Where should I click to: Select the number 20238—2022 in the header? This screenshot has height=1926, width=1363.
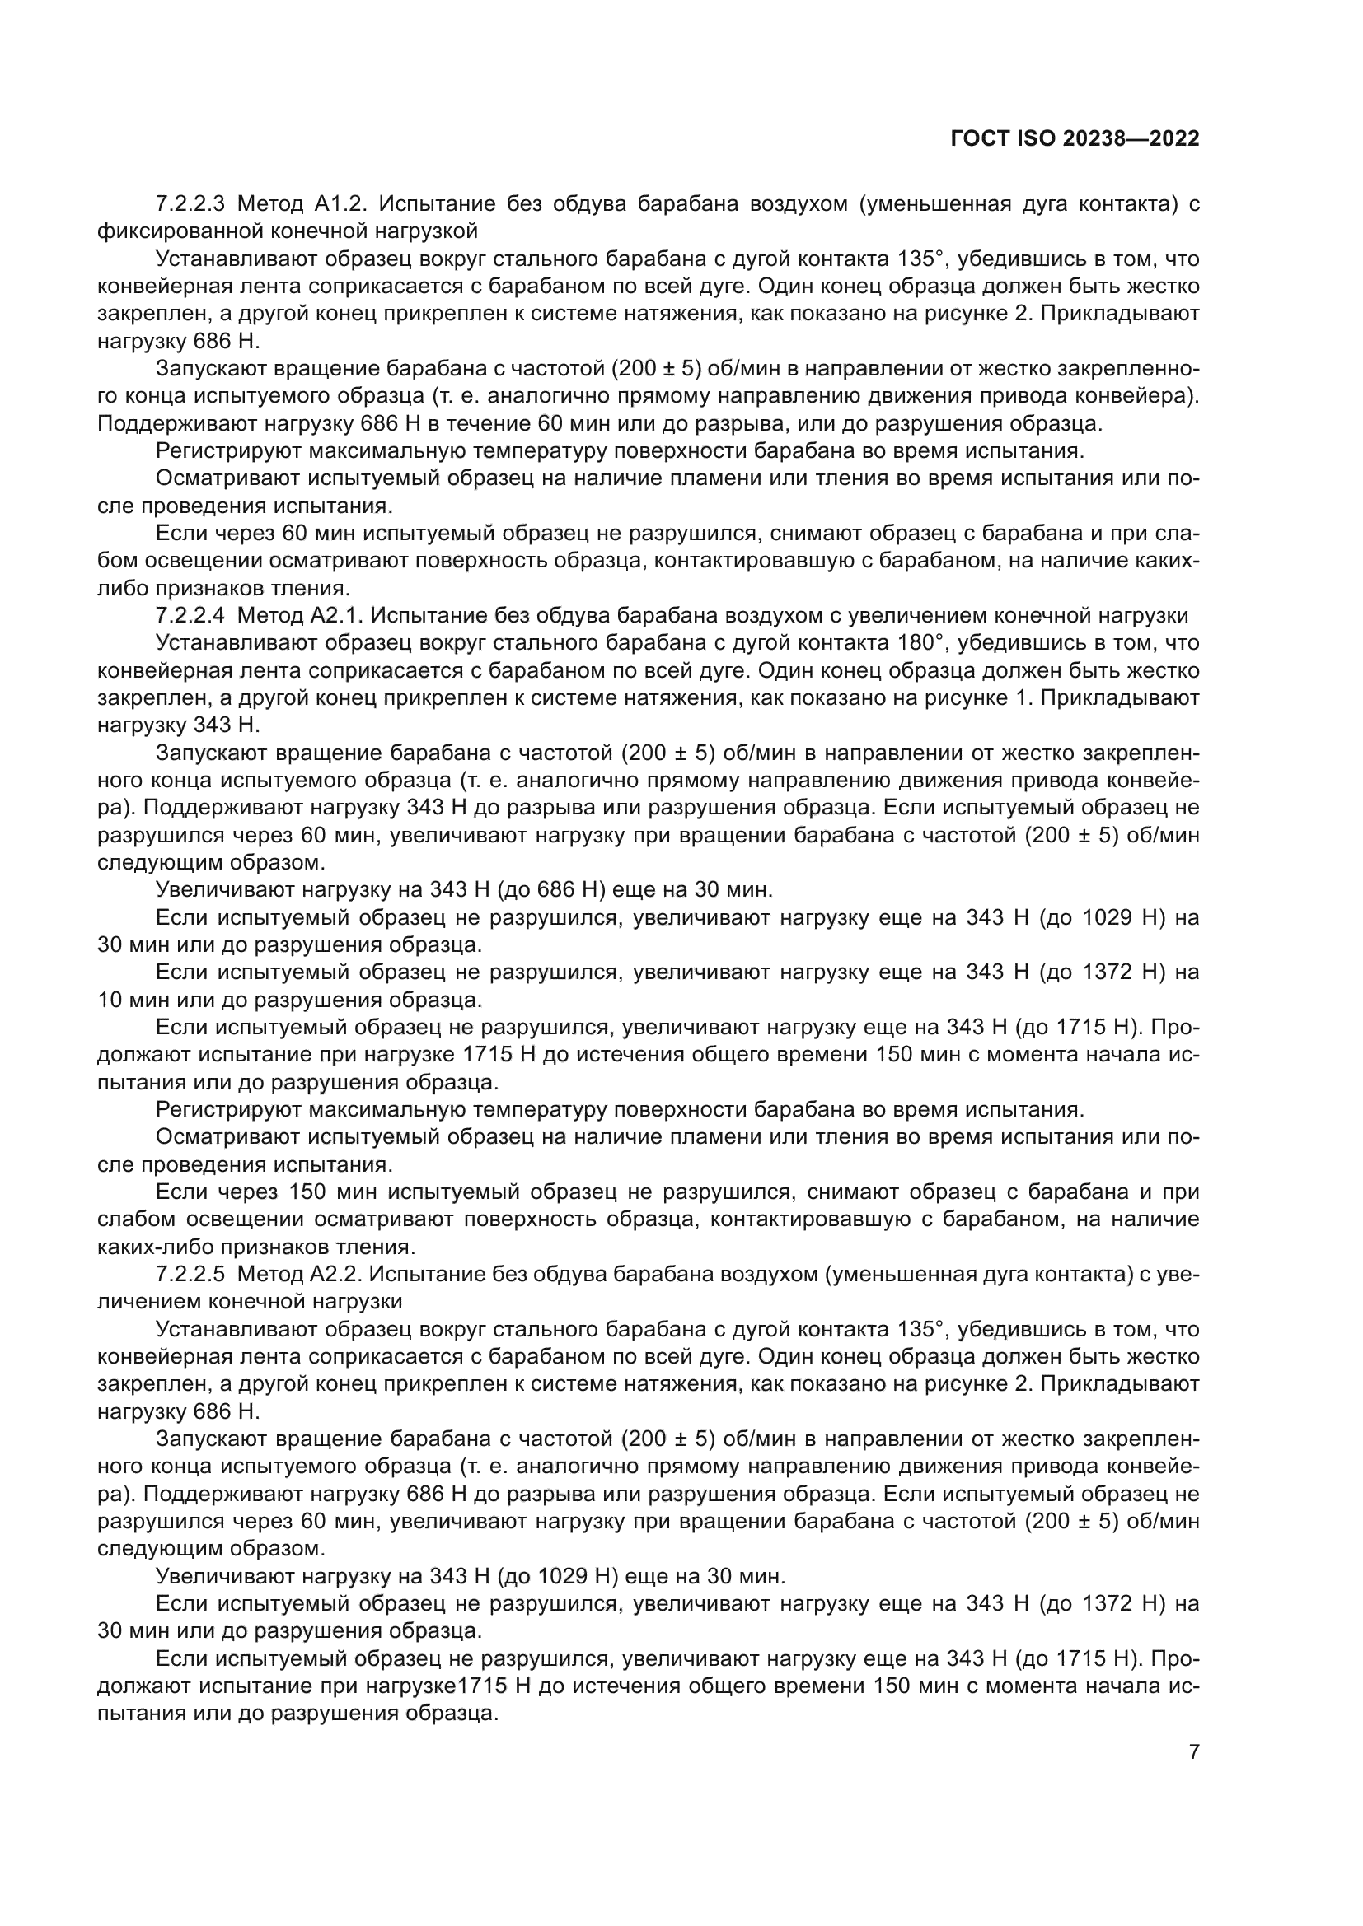(x=1131, y=139)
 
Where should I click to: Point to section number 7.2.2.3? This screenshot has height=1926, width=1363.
(x=190, y=203)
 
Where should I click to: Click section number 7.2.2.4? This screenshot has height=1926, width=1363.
(x=190, y=616)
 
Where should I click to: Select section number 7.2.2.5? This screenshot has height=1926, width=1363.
(x=190, y=1275)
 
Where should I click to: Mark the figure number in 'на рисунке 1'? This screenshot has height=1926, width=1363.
(x=1021, y=698)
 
